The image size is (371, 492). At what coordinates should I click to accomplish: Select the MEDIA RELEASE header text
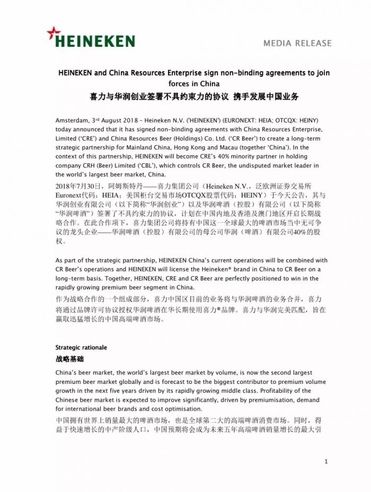(x=297, y=43)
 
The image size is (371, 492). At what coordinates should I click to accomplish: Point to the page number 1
(x=326, y=462)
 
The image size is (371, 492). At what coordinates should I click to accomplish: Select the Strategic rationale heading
(x=81, y=348)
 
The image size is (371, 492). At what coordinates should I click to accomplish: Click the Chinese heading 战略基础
(x=69, y=359)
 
